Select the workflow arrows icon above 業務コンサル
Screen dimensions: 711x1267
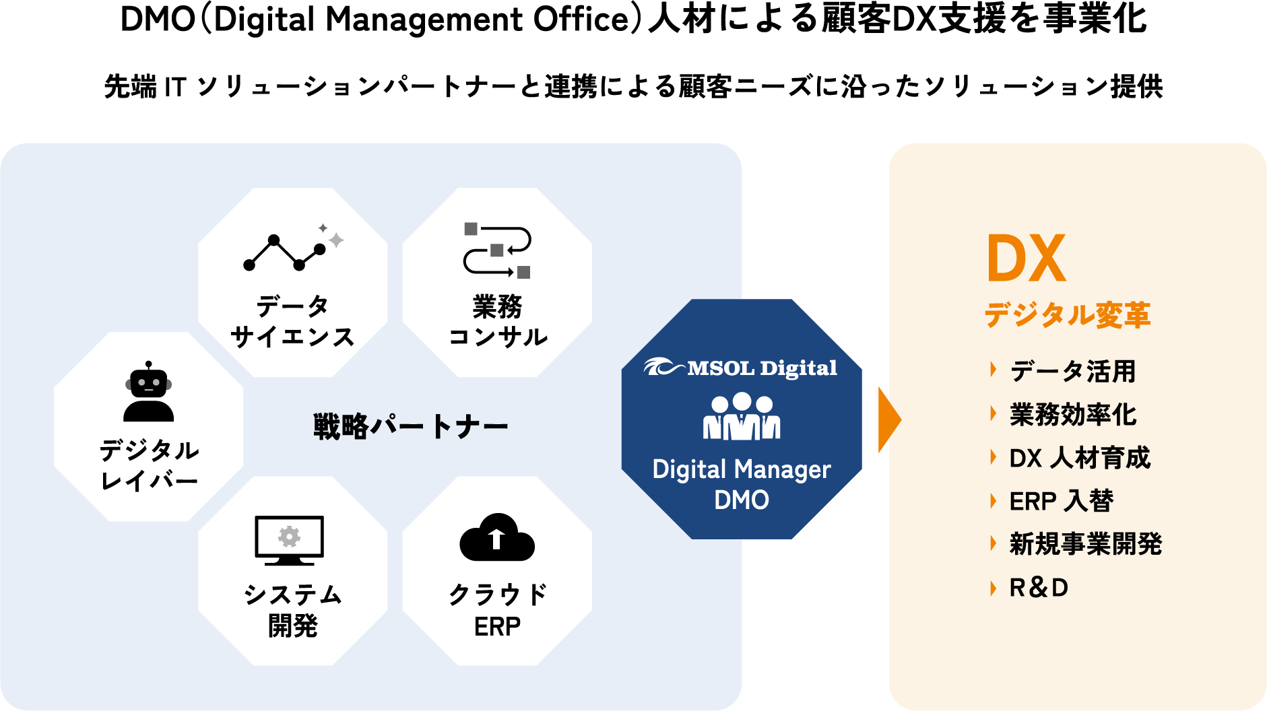pyautogui.click(x=497, y=250)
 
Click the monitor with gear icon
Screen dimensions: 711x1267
pyautogui.click(x=290, y=540)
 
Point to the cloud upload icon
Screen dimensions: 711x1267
pyautogui.click(x=497, y=539)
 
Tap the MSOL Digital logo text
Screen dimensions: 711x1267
pyautogui.click(x=741, y=368)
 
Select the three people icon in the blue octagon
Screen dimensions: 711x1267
pyautogui.click(x=742, y=417)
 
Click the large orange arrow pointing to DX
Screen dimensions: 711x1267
pyautogui.click(x=889, y=419)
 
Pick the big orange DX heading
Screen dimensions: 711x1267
pyautogui.click(x=1026, y=259)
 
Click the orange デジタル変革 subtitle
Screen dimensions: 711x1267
pyautogui.click(x=1068, y=315)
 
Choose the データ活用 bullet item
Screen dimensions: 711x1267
pyautogui.click(x=1073, y=371)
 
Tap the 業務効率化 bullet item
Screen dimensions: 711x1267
pyautogui.click(x=1073, y=415)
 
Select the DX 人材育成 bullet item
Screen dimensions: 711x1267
pyautogui.click(x=1080, y=458)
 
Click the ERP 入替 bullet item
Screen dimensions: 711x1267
pyautogui.click(x=1061, y=501)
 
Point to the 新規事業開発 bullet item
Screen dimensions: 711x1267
pyautogui.click(x=1086, y=544)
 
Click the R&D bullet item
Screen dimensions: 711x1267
pyautogui.click(x=1039, y=588)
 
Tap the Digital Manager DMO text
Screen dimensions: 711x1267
pyautogui.click(x=742, y=484)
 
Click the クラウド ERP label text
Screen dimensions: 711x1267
pyautogui.click(x=497, y=610)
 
